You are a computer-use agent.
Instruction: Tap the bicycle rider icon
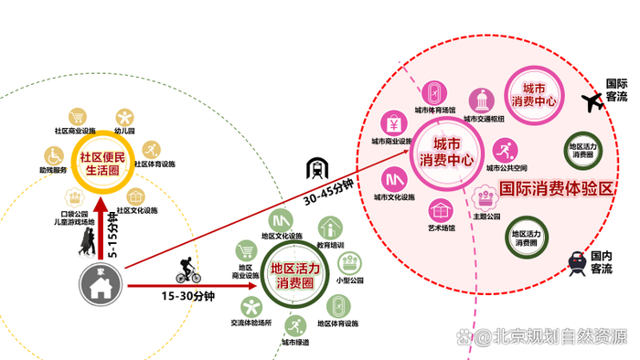(x=187, y=270)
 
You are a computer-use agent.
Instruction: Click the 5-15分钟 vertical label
(x=112, y=236)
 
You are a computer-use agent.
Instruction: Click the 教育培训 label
(x=331, y=245)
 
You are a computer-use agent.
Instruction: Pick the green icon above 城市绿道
(x=294, y=324)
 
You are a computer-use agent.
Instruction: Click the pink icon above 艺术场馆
(x=442, y=209)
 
